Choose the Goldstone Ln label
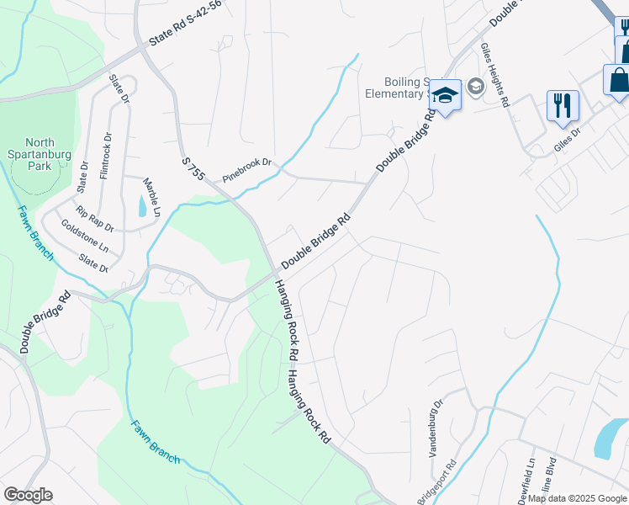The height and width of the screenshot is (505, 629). pyautogui.click(x=85, y=237)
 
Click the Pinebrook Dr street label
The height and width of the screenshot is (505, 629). pyautogui.click(x=248, y=169)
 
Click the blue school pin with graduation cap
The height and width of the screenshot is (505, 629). pyautogui.click(x=445, y=96)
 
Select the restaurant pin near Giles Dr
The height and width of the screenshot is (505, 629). pyautogui.click(x=563, y=106)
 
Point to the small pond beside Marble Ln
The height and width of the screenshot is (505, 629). pyautogui.click(x=140, y=207)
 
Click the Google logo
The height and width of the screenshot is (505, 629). pyautogui.click(x=28, y=495)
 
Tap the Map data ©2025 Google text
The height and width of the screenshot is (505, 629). pyautogui.click(x=577, y=498)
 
